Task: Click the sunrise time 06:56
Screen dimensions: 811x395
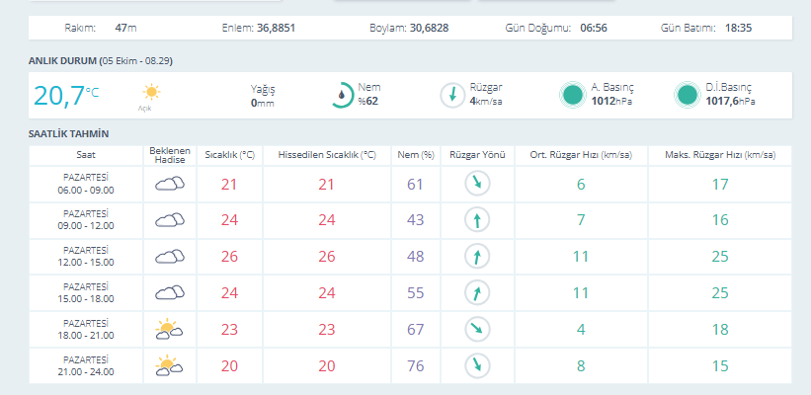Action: pos(594,28)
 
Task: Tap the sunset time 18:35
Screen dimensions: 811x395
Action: pos(738,28)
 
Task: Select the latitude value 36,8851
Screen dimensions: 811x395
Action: pos(277,28)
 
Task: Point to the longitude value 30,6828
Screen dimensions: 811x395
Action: pos(430,28)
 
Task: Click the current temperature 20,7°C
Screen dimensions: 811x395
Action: pos(66,96)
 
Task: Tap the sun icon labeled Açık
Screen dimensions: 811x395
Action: pos(151,93)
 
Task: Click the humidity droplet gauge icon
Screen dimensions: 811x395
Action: pos(342,95)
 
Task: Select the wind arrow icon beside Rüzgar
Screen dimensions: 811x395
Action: pos(452,95)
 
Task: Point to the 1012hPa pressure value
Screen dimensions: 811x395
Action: pos(611,102)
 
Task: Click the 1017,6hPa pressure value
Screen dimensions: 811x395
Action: pos(730,102)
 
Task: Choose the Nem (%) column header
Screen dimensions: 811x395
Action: pos(416,155)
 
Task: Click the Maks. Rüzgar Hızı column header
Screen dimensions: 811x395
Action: pos(720,155)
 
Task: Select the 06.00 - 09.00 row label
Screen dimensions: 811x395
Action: pos(86,190)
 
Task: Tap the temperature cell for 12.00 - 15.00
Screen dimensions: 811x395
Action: pos(229,257)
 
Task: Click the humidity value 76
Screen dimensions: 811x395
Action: pos(415,366)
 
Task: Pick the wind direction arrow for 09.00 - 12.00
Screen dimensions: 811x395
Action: pos(477,220)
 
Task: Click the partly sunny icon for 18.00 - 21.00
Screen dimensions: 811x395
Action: pos(169,330)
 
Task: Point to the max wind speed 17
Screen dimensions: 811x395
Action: pos(720,184)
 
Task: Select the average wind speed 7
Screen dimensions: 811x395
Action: pos(581,220)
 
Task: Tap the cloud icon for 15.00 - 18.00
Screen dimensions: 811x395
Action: pos(170,293)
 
